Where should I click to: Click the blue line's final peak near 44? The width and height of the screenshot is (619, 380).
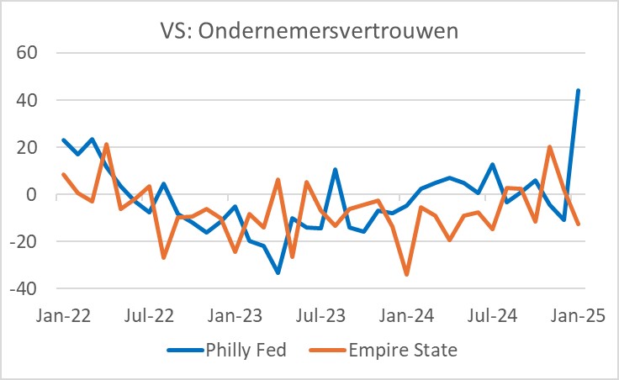(x=579, y=91)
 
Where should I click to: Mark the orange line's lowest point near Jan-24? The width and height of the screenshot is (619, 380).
(x=407, y=274)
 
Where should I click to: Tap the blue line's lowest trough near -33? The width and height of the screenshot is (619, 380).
(x=278, y=272)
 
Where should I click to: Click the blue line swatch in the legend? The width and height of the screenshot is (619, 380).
(x=184, y=351)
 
